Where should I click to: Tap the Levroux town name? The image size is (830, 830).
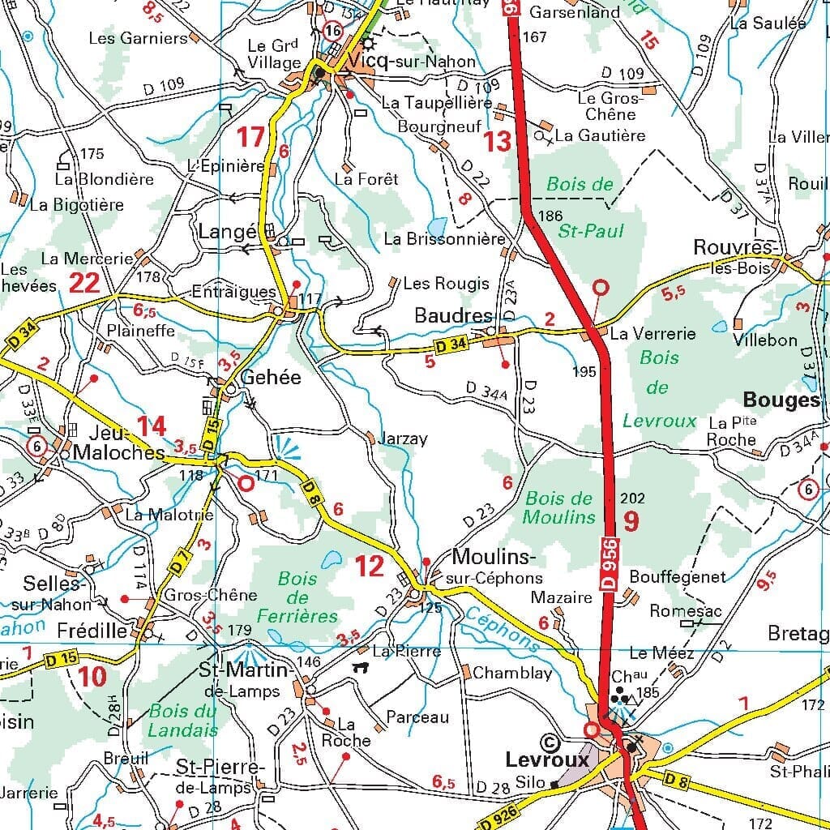[x=547, y=760]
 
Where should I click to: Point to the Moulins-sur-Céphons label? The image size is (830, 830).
[x=494, y=567]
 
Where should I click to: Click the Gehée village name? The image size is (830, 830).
[x=271, y=378]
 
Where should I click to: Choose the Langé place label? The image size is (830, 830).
[x=227, y=233]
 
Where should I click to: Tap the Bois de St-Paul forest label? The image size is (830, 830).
[x=584, y=208]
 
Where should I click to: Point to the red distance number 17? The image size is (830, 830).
[x=250, y=137]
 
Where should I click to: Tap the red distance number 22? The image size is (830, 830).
[x=84, y=283]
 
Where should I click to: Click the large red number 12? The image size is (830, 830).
[x=370, y=567]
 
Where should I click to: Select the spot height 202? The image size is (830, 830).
[x=632, y=498]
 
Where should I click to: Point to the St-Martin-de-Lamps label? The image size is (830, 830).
[x=244, y=679]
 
